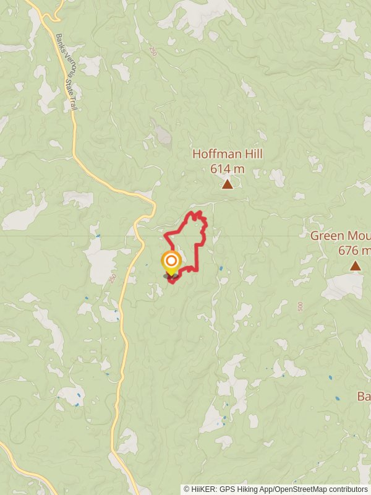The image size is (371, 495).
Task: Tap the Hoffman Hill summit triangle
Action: pos(228,184)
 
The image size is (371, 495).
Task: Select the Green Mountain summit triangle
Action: pos(355,266)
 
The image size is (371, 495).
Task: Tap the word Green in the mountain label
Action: pos(325,236)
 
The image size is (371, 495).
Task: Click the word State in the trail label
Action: pos(70,80)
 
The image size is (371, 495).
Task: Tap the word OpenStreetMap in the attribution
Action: pos(297,489)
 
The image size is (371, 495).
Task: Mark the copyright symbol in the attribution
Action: pos(187,489)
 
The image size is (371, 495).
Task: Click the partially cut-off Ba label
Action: pos(364,396)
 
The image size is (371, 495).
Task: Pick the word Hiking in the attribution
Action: pos(241,489)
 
